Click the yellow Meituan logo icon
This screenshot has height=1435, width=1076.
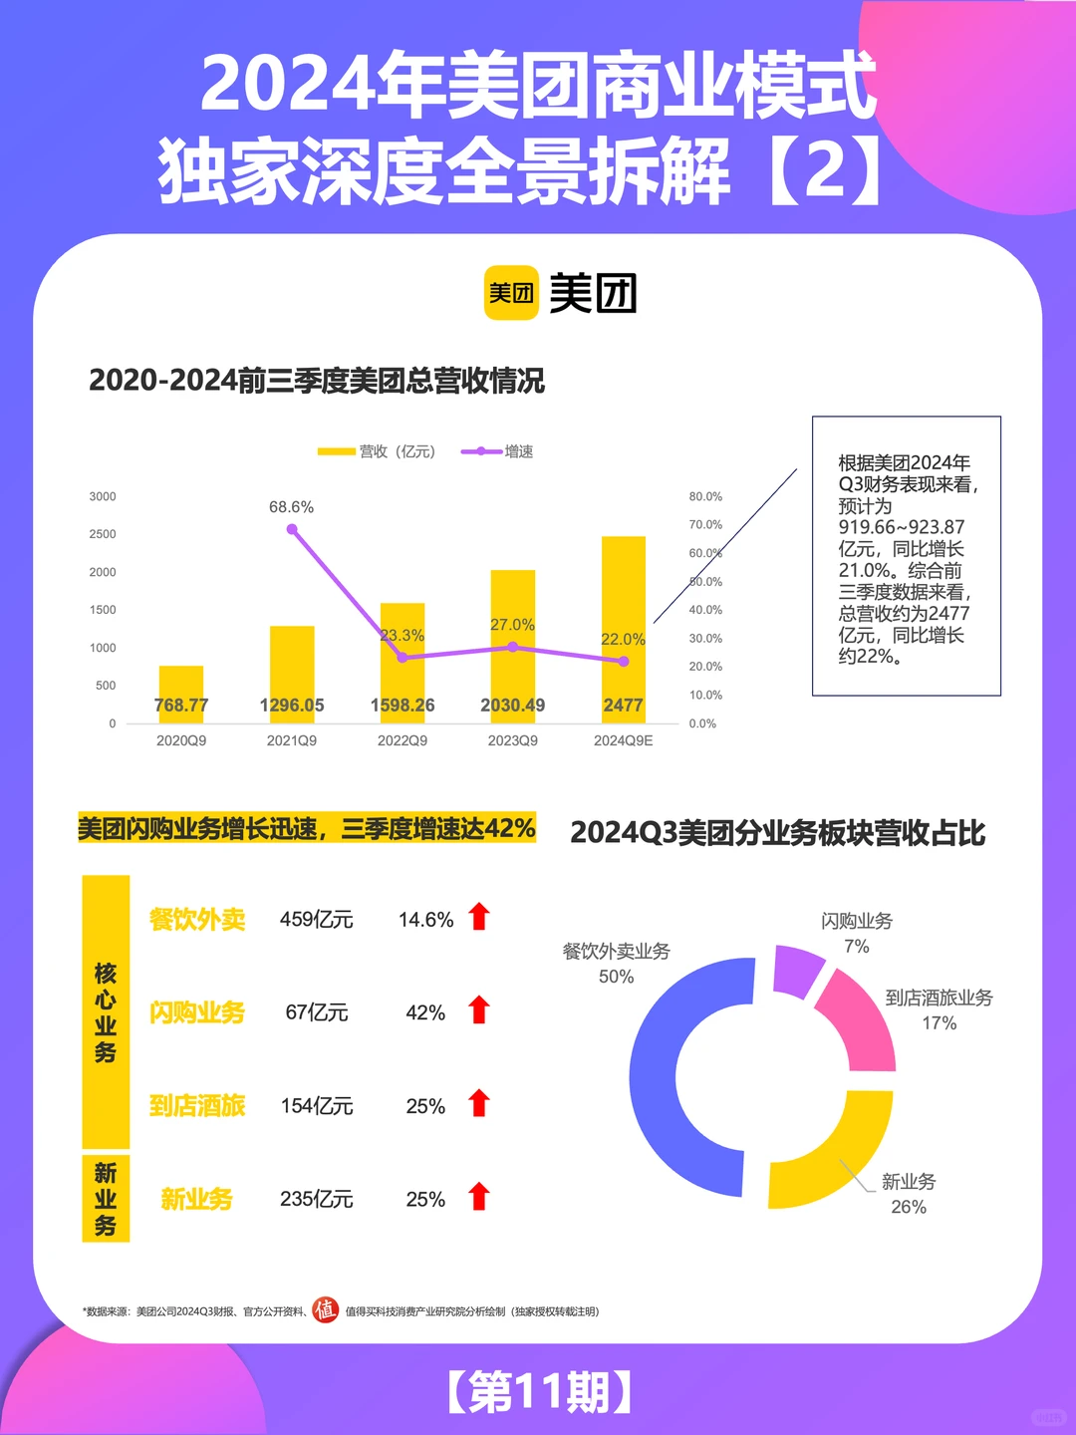pos(510,293)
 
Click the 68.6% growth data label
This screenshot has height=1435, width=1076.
pos(291,507)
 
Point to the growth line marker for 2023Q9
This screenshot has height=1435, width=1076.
pos(512,647)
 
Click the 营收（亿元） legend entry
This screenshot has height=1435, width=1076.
pos(378,451)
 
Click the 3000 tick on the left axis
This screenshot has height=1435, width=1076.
pos(103,496)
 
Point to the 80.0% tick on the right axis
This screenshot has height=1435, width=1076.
pos(705,496)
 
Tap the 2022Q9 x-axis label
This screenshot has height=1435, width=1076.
pos(403,740)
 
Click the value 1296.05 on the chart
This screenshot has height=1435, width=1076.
pos(292,706)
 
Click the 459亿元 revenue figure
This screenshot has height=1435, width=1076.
pos(316,920)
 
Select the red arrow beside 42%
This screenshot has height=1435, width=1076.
pos(479,1010)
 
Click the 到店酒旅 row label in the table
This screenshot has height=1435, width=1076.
pos(197,1106)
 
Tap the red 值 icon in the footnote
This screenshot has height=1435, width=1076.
pos(325,1309)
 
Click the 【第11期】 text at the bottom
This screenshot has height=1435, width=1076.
pos(538,1392)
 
